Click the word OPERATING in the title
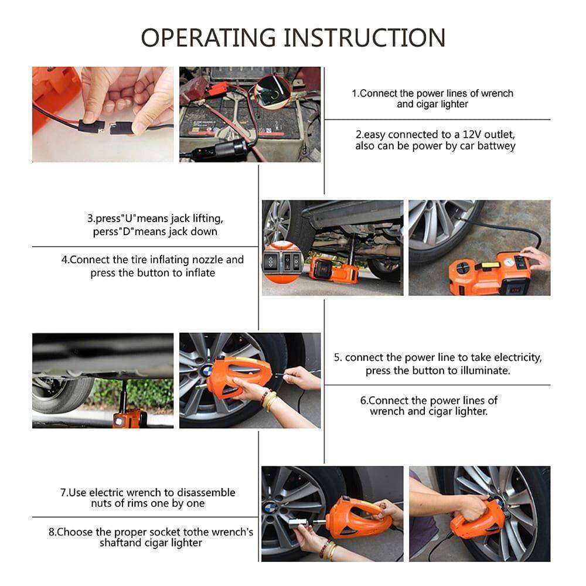pyautogui.click(x=208, y=38)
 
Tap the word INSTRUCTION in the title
pyautogui.click(x=364, y=38)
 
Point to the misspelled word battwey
pyautogui.click(x=496, y=146)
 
